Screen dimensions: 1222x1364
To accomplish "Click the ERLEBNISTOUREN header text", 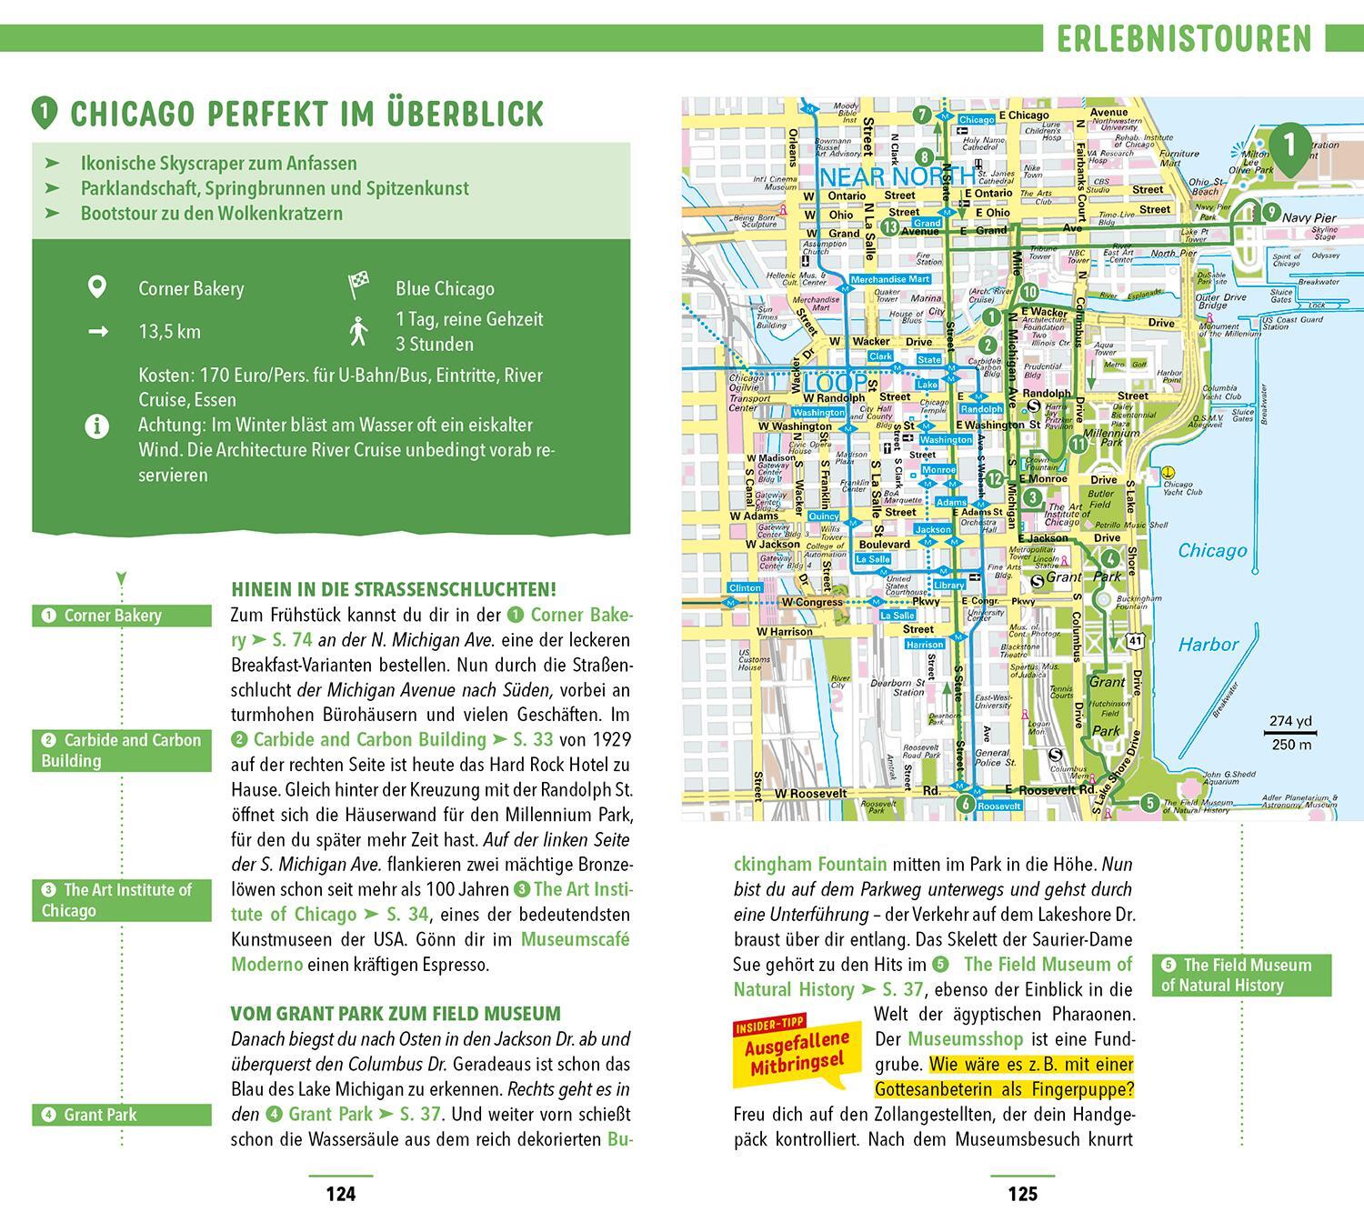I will pyautogui.click(x=1184, y=39).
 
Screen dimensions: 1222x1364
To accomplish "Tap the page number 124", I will pyautogui.click(x=340, y=1194).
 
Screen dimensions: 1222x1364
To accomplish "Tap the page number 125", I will pyautogui.click(x=1022, y=1194).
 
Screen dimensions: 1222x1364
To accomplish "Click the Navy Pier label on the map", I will pyautogui.click(x=1309, y=218).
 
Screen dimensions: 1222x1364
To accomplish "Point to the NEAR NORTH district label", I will pyautogui.click(x=898, y=175).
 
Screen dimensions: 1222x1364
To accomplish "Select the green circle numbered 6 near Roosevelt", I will pyautogui.click(x=966, y=804).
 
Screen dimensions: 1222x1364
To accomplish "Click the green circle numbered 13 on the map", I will pyautogui.click(x=890, y=227).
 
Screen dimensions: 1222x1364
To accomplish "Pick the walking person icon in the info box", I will pyautogui.click(x=358, y=331).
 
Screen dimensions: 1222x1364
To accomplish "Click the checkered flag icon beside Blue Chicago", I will pyautogui.click(x=358, y=286).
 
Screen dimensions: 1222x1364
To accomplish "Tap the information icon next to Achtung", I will pyautogui.click(x=96, y=426).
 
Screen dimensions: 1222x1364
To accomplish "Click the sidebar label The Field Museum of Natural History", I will pyautogui.click(x=1240, y=975).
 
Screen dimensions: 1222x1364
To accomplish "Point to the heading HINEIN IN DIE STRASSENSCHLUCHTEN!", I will pyautogui.click(x=394, y=589).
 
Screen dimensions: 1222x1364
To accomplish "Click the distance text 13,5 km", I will pyautogui.click(x=169, y=332).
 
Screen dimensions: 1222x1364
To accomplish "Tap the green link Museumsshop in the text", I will pyautogui.click(x=965, y=1038).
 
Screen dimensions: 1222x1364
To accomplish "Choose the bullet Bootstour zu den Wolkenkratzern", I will pyautogui.click(x=211, y=214).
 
